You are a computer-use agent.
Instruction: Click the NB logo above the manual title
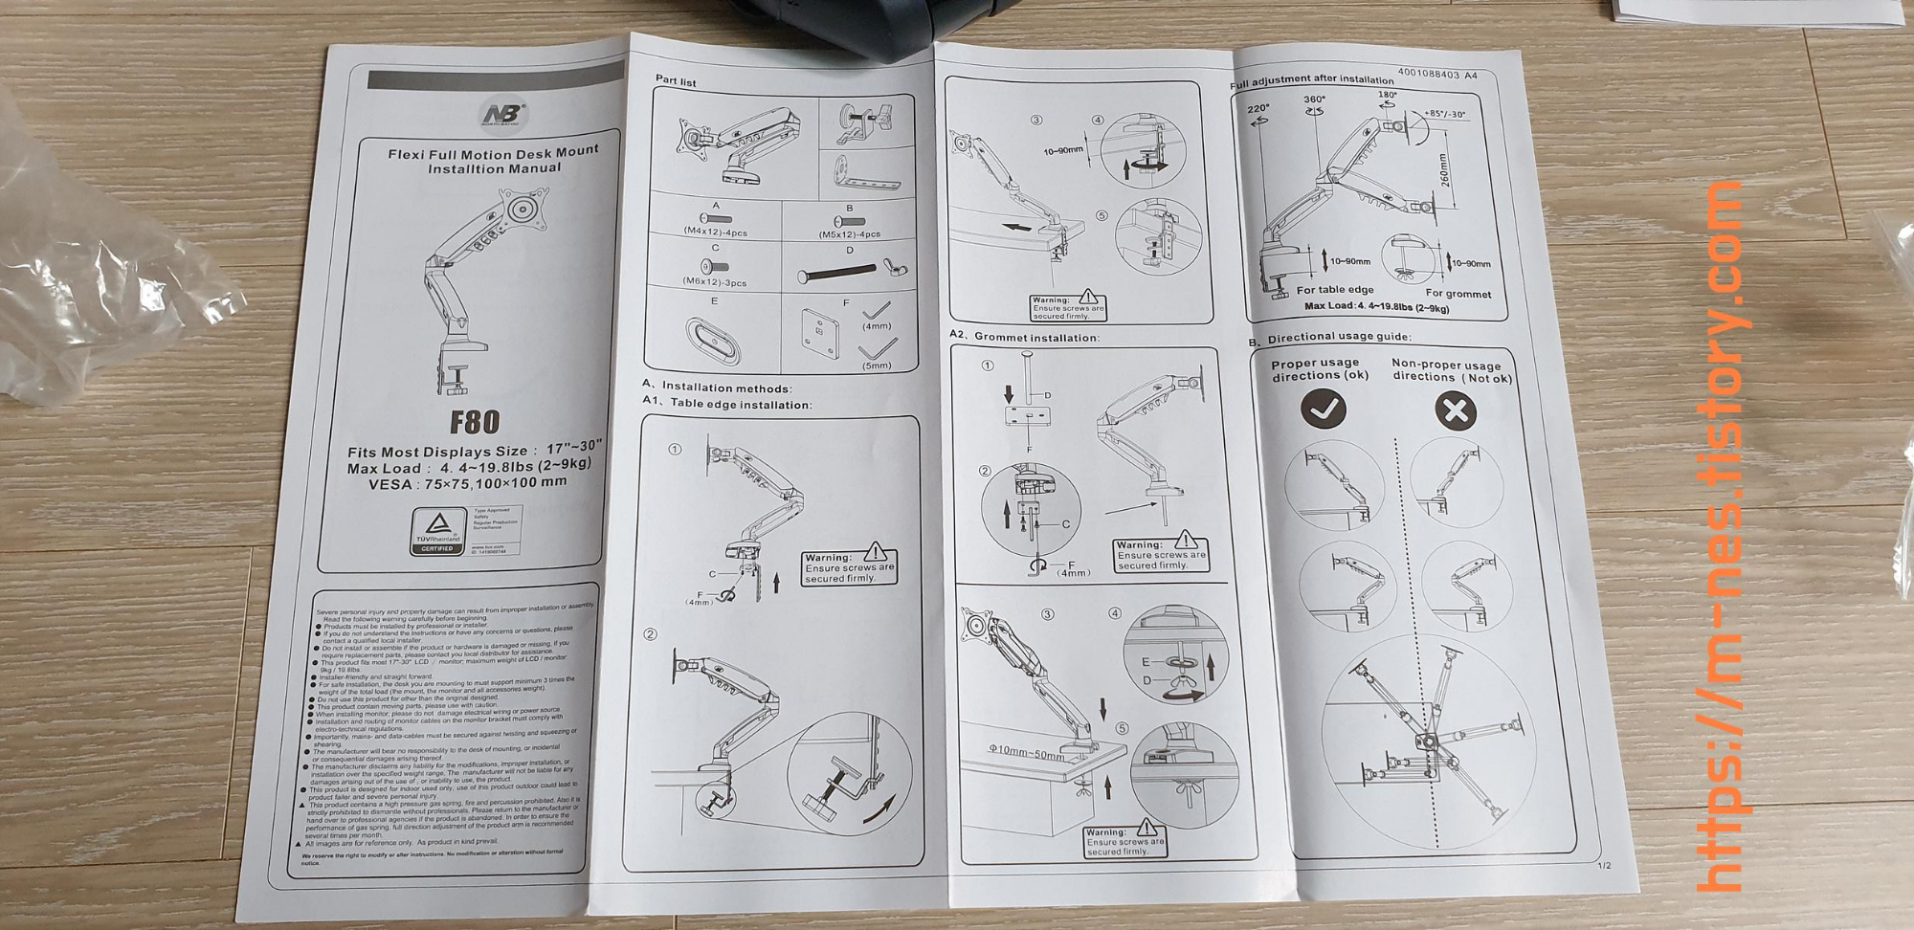tap(502, 116)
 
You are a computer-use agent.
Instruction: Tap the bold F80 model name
tap(475, 422)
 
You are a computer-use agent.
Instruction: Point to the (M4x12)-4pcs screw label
tap(715, 232)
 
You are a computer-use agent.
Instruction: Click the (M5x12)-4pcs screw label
tap(849, 233)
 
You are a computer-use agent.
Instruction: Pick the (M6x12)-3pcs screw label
tap(714, 282)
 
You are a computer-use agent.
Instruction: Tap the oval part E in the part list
tap(713, 341)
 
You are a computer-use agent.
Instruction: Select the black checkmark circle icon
tap(1324, 410)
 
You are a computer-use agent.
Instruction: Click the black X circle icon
tap(1456, 411)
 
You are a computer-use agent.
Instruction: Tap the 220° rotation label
tap(1258, 109)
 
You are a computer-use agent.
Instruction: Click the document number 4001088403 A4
tap(1436, 74)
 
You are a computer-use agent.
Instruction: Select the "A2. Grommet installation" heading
tap(1024, 338)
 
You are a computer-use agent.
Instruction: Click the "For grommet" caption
tap(1458, 294)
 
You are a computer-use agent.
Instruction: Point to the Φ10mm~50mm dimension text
tap(1026, 754)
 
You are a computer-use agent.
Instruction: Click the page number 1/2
tap(1604, 866)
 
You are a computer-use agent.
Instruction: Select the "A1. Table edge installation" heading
tap(726, 404)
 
